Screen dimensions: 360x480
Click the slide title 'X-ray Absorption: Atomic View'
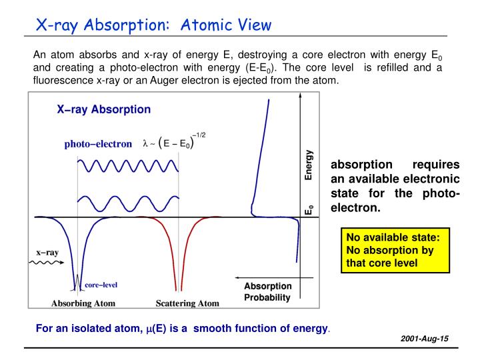153,25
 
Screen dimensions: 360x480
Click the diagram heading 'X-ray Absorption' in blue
103,109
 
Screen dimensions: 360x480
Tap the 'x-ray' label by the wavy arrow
47,253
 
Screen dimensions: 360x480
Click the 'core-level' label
101,285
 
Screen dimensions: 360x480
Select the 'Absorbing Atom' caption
83,303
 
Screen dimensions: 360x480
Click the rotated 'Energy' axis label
309,165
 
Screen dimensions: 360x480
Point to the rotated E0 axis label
309,209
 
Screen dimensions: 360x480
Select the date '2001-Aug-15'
425,339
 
